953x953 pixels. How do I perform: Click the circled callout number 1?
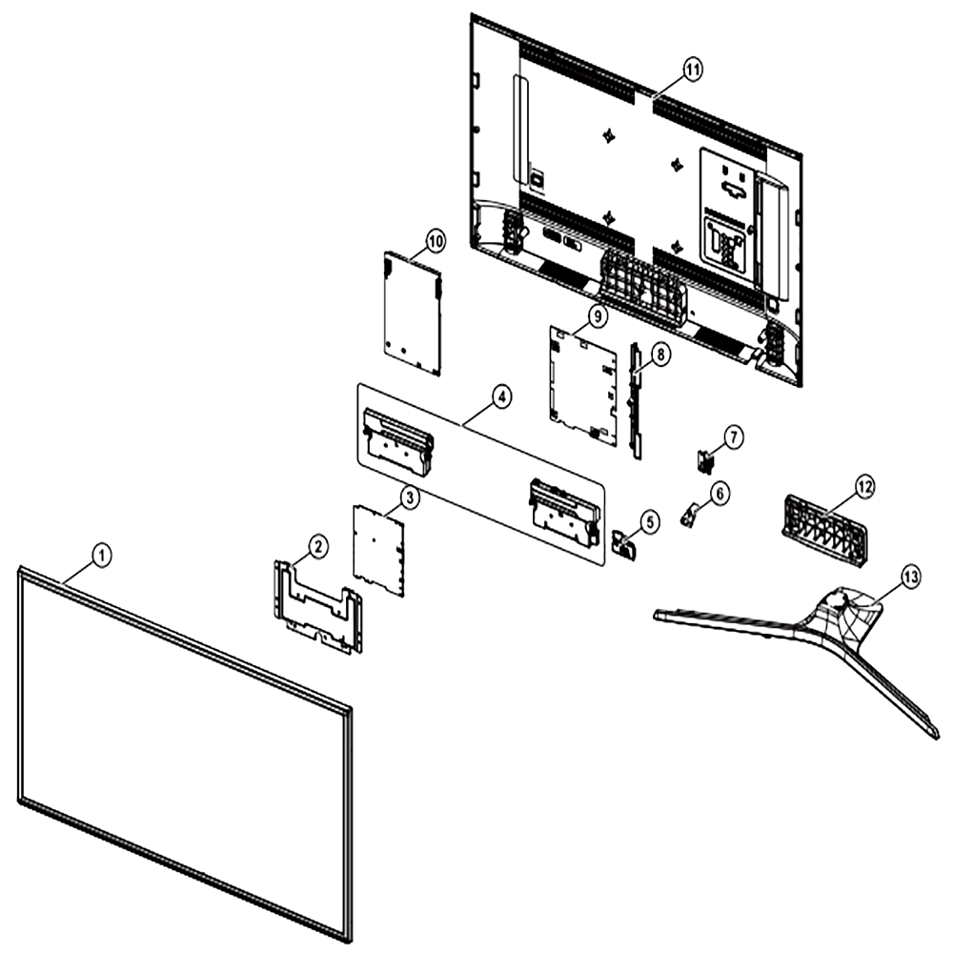click(102, 555)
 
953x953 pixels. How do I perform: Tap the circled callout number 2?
click(317, 546)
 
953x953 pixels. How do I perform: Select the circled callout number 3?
click(410, 497)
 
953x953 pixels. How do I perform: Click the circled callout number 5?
click(649, 521)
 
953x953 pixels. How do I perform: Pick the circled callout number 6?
click(720, 493)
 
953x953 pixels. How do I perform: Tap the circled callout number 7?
click(734, 437)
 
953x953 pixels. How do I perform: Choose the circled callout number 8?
click(661, 353)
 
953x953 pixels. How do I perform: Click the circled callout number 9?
click(598, 316)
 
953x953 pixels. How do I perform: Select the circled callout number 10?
click(435, 241)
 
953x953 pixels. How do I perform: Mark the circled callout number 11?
click(691, 70)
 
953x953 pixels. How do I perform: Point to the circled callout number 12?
click(864, 486)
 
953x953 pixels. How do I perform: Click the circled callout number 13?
click(910, 578)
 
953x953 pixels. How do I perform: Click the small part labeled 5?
click(623, 543)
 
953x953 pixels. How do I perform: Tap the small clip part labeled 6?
click(688, 516)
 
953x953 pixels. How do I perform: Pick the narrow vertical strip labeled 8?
click(636, 400)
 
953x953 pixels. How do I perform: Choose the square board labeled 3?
click(379, 550)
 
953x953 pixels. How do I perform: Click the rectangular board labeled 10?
click(413, 313)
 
